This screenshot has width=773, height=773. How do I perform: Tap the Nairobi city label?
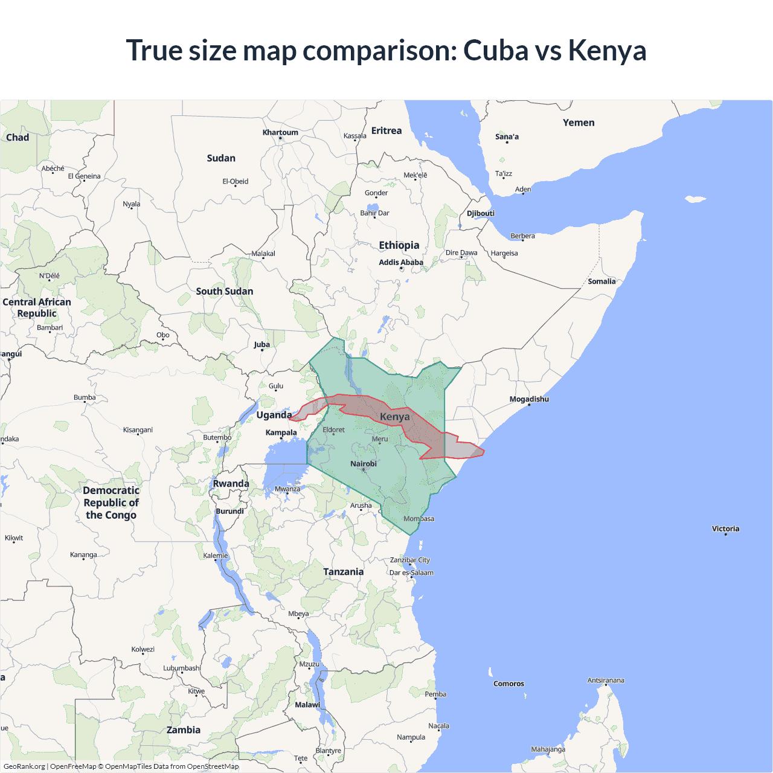point(364,464)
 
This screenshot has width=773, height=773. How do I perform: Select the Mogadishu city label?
point(529,399)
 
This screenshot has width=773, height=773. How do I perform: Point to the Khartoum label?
point(280,132)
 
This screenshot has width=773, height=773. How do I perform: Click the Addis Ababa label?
point(401,262)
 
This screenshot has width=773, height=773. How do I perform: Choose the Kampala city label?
point(281,432)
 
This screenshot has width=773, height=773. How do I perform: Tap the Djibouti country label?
point(481,213)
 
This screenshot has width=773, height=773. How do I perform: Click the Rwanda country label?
point(231,484)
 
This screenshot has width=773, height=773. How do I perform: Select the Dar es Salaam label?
point(411,573)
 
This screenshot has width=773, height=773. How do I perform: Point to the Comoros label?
point(508,684)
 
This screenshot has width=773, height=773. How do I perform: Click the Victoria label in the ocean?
point(725,528)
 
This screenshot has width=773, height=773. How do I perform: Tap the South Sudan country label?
point(225,291)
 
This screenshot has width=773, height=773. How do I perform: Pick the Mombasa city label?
point(419,519)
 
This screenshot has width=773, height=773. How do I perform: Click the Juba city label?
point(261,345)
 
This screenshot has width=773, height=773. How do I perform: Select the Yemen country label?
point(579,123)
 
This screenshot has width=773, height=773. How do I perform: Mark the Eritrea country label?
point(386,130)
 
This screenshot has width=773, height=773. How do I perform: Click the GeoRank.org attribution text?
point(24,766)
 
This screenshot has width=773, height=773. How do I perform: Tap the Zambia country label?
point(184,730)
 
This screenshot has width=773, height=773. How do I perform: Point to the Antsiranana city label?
point(606,680)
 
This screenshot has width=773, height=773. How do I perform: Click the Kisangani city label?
point(138,430)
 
